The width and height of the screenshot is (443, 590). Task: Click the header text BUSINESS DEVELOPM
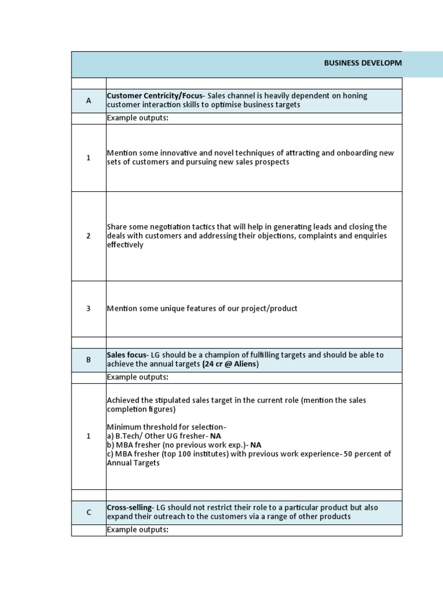[363, 63]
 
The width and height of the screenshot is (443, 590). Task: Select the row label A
[89, 101]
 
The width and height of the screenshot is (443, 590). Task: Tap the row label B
[89, 360]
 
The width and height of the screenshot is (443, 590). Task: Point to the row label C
[89, 512]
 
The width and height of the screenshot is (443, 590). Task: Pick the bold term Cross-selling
[130, 507]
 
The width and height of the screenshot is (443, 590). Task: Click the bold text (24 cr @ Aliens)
[231, 364]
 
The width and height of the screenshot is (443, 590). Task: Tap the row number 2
[89, 236]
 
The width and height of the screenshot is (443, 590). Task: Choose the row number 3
[89, 308]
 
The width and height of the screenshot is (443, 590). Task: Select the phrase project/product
[270, 308]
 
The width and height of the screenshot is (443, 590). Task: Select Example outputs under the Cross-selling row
[137, 530]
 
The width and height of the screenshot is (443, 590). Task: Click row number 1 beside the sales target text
[89, 436]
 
